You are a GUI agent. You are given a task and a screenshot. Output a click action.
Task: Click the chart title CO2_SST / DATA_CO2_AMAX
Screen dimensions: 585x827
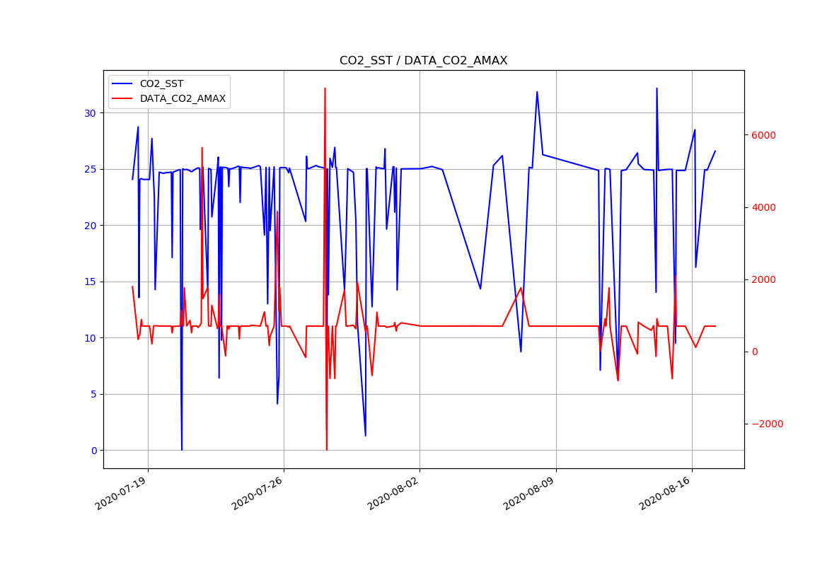coord(423,61)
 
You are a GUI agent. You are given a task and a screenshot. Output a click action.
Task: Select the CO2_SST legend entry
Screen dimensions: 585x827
coord(161,83)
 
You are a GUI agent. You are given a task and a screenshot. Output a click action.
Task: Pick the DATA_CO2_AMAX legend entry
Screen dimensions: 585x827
coord(183,98)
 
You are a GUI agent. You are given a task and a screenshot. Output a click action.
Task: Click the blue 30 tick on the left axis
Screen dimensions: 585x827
coord(91,113)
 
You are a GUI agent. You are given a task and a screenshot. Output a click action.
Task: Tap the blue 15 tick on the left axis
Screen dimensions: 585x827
coord(91,282)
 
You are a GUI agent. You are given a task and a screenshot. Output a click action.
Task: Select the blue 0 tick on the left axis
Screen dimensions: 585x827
coord(93,451)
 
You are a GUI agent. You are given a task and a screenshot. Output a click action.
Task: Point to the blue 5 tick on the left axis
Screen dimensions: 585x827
coord(93,394)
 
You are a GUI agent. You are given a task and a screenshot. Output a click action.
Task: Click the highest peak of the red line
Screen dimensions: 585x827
coord(325,88)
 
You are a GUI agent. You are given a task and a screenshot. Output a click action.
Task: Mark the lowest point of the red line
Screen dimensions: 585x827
coord(326,449)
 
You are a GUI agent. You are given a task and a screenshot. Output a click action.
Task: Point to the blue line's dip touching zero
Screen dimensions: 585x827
coord(182,449)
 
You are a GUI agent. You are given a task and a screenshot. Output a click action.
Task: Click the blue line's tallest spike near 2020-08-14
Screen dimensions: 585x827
coord(657,88)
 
